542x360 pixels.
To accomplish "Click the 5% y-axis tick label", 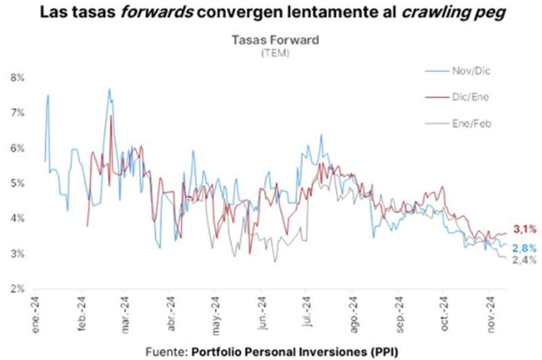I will [x=17, y=183].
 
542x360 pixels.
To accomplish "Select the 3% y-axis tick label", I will [x=17, y=254].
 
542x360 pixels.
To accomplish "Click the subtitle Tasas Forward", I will [x=275, y=40].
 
